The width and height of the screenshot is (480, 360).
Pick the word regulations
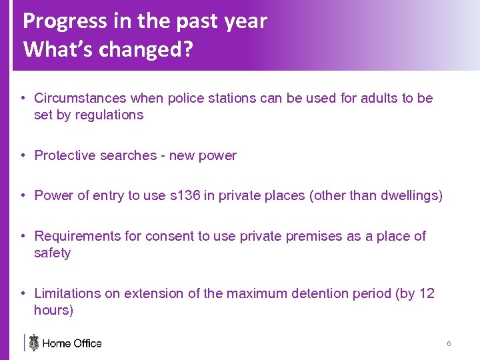point(109,115)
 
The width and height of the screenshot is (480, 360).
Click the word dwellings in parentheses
point(409,195)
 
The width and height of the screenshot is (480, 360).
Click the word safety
point(52,253)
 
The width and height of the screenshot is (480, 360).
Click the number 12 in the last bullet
point(427,293)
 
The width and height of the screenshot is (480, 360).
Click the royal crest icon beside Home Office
point(33,343)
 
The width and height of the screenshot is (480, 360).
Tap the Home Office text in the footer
point(72,343)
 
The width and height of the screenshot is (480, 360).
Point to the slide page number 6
point(449,343)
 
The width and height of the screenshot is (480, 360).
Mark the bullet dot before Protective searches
point(23,155)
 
